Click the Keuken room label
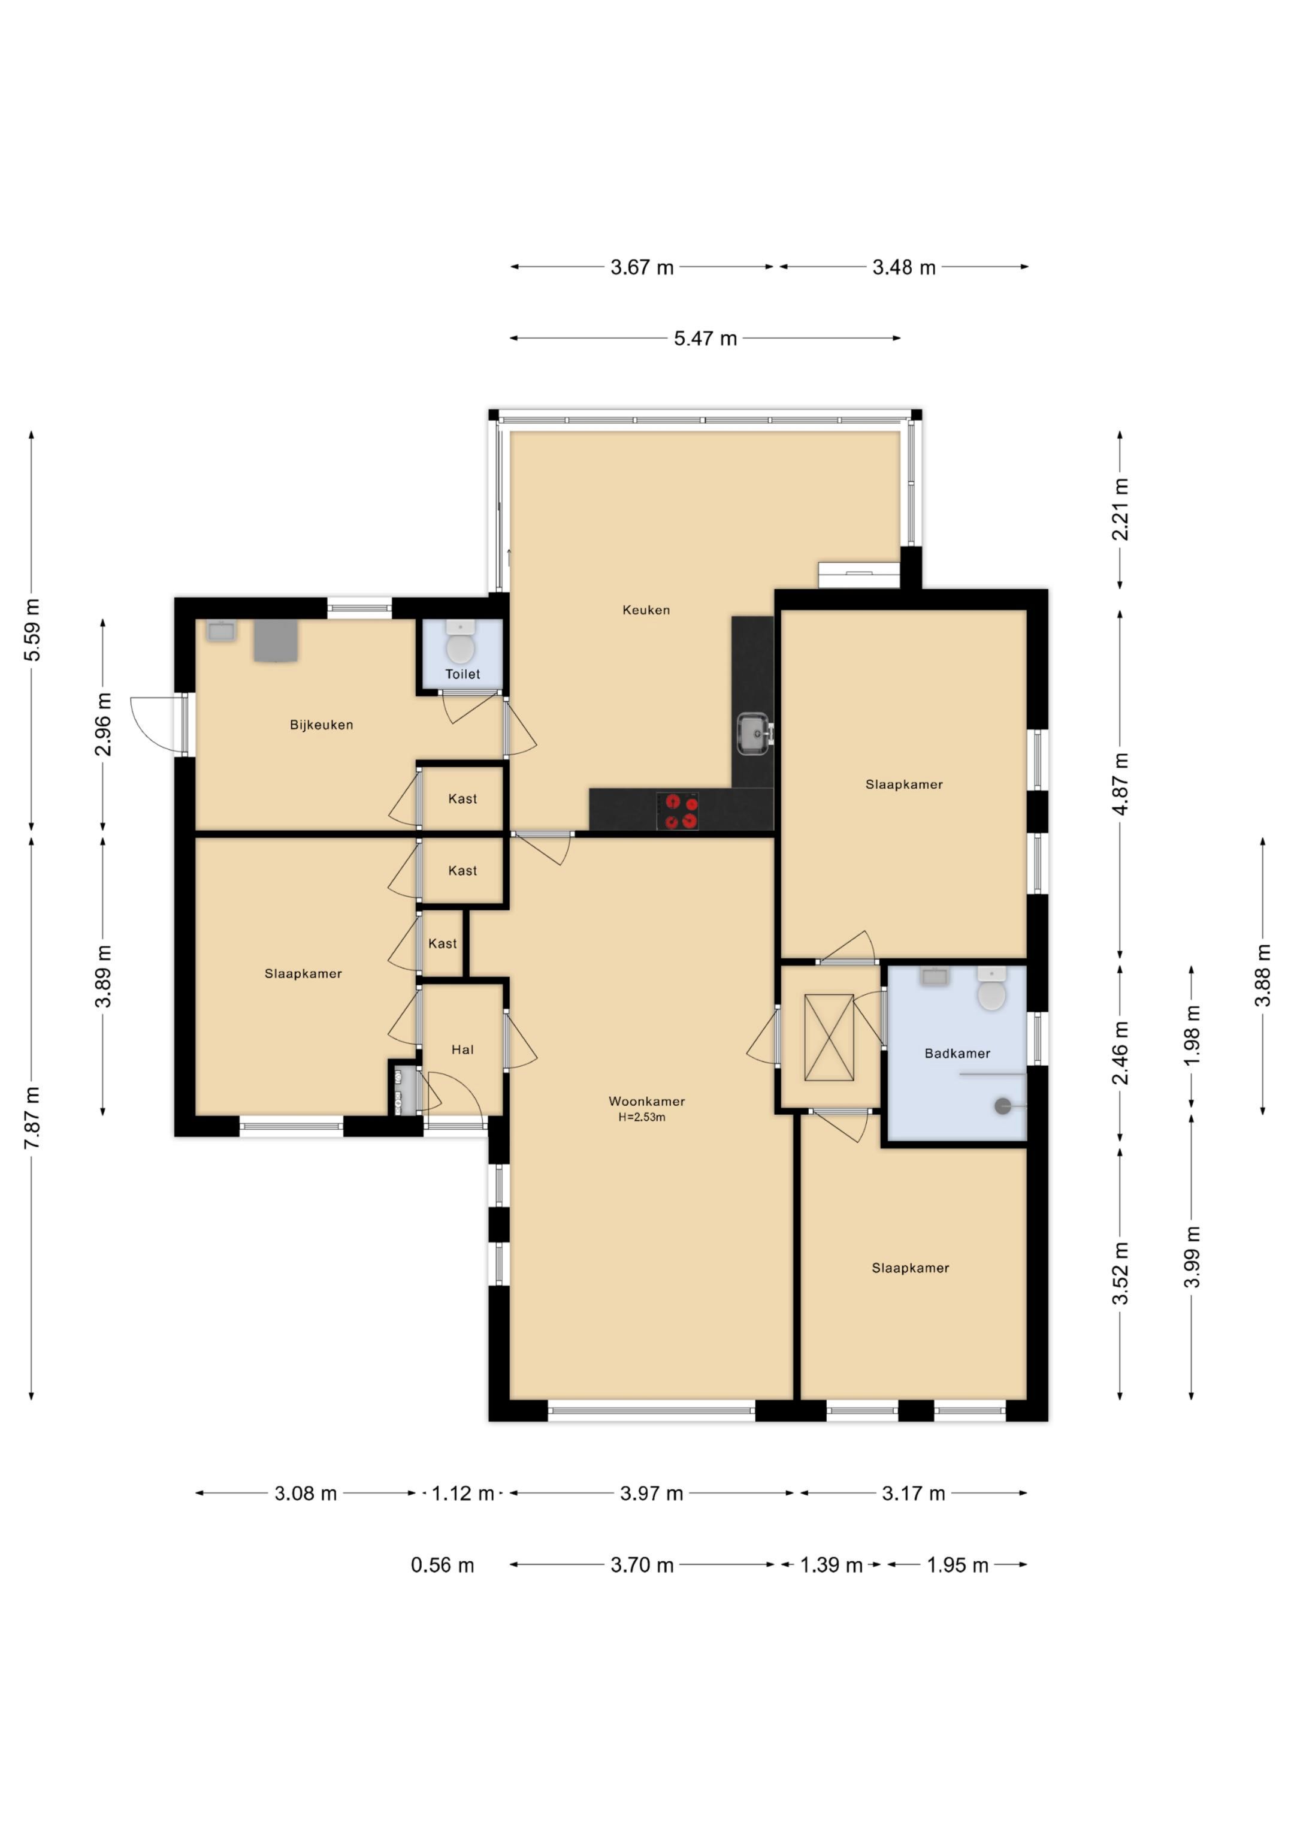coord(646,610)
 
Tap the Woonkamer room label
coord(646,1102)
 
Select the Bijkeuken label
coord(321,725)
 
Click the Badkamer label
coord(957,1054)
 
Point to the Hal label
coord(462,1049)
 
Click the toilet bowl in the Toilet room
coord(460,644)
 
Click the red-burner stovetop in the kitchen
coord(678,811)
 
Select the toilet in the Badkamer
coord(992,990)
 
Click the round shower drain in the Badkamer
coord(1003,1106)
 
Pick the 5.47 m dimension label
coord(706,338)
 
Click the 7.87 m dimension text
coord(32,1117)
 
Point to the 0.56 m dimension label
coord(443,1565)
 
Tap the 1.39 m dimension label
coord(831,1565)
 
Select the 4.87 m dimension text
coord(1120,783)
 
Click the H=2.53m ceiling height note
coord(642,1117)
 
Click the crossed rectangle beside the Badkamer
coord(829,1037)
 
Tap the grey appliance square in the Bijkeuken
coord(276,641)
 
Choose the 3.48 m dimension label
coord(903,267)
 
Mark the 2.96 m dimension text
coord(104,724)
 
